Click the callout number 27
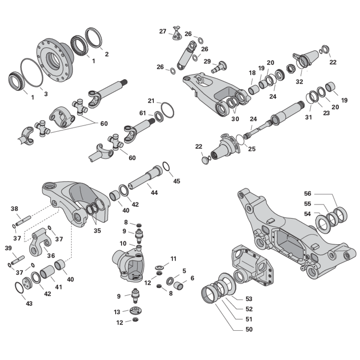coord(162,31)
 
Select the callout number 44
coord(154,193)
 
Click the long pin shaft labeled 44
coord(145,177)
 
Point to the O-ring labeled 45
coord(166,166)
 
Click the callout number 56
coord(307,193)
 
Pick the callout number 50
coord(249,329)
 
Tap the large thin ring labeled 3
coord(31,72)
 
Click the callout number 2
coord(107,54)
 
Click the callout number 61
coord(143,113)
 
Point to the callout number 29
coord(207,61)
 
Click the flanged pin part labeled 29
coord(219,67)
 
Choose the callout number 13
coord(117,312)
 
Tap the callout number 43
coord(29,303)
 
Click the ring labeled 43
coord(19,288)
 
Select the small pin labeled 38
coord(23,220)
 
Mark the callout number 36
coord(51,256)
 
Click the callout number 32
coord(299,81)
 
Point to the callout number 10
coord(123,243)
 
